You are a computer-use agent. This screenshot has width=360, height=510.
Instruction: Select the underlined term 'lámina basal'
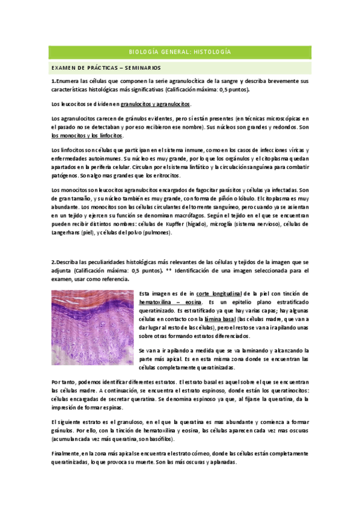pos(221,319)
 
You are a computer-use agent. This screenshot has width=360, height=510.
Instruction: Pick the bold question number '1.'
pos(53,80)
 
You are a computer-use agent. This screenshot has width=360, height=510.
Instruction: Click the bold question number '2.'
pos(53,262)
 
